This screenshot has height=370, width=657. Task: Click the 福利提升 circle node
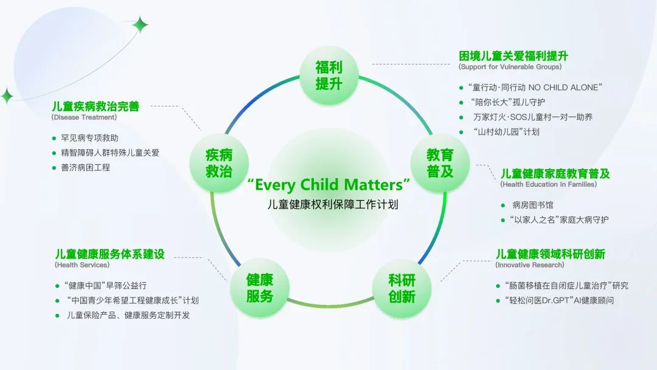(329, 75)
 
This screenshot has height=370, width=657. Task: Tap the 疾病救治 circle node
(219, 163)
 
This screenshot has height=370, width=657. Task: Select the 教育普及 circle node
(440, 163)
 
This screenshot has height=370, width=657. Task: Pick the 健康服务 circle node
(260, 288)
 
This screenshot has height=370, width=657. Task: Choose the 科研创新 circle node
(401, 288)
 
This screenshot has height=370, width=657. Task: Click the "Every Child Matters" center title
(328, 184)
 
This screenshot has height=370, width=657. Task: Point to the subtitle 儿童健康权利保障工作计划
(333, 204)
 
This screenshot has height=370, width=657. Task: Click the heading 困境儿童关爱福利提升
(513, 56)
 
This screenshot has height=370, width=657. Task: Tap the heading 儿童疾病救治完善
(96, 106)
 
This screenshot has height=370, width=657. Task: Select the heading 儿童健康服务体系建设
(109, 254)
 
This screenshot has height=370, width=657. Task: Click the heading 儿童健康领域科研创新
(551, 254)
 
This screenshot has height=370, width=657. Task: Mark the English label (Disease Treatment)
(84, 117)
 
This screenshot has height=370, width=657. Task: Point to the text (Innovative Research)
(530, 265)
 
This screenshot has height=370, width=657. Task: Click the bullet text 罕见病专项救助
(89, 138)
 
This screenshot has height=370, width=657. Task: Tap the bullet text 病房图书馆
(532, 205)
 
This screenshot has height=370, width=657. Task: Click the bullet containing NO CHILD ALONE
(535, 88)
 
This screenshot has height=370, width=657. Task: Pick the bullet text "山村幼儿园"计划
(506, 132)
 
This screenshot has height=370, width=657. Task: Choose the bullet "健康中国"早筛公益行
(105, 286)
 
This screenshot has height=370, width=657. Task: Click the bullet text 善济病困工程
(86, 167)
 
